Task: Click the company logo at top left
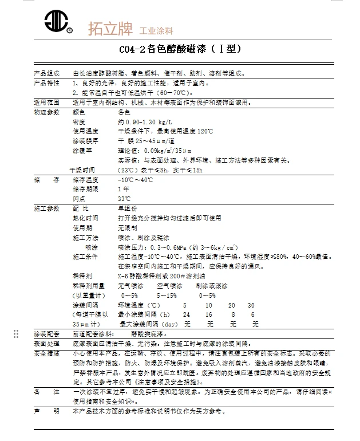tap(56, 22)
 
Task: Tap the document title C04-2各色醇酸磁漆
tap(180, 49)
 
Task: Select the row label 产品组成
tap(47, 74)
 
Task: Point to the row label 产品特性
tap(47, 83)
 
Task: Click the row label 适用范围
tap(47, 102)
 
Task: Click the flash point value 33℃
tap(124, 198)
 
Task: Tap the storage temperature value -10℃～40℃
tap(135, 180)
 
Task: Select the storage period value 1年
tap(123, 189)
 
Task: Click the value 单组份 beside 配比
tap(128, 208)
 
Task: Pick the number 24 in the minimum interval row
tap(186, 314)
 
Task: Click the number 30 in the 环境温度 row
tap(251, 305)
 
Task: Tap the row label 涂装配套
tap(47, 333)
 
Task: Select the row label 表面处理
tap(47, 344)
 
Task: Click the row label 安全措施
tap(47, 353)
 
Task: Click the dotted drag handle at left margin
tap(16, 334)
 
